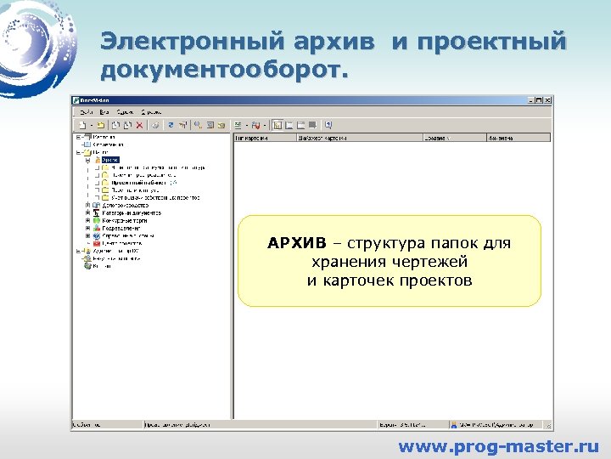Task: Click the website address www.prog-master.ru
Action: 498,445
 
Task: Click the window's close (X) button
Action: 548,99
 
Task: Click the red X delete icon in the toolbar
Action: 139,124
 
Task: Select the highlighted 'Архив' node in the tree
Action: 110,159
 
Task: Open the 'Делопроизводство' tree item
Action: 125,205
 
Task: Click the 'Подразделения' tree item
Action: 122,228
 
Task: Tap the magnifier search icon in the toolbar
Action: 197,124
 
